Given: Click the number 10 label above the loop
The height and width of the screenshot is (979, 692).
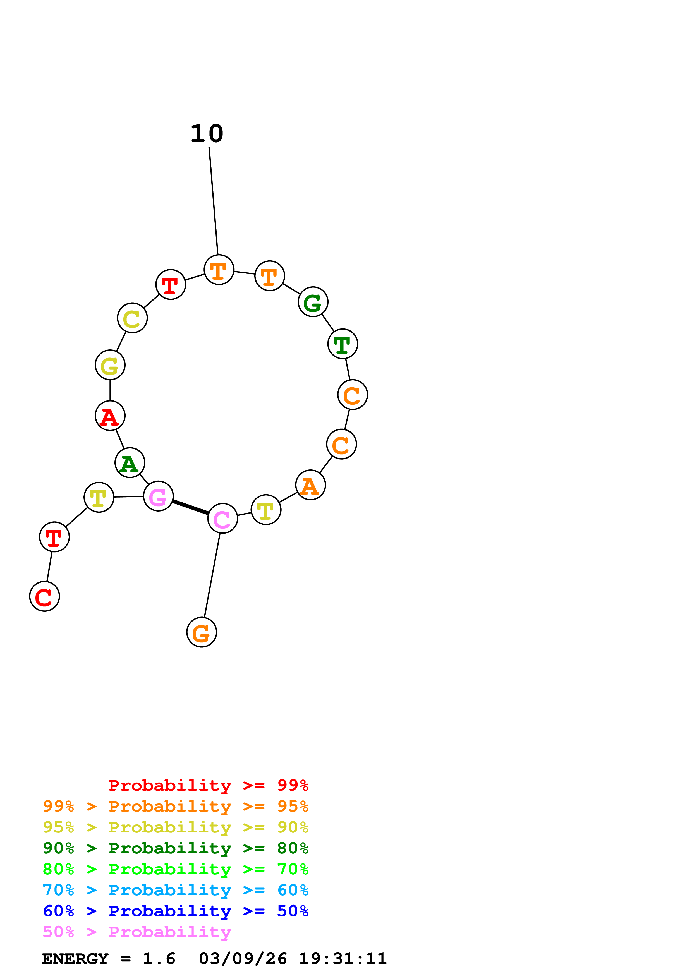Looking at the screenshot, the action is point(207,134).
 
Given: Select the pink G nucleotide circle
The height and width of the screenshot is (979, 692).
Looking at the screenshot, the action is point(158,496).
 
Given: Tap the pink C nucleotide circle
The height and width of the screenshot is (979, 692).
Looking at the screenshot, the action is point(222,518).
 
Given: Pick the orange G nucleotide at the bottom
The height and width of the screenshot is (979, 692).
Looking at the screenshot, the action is point(202,632).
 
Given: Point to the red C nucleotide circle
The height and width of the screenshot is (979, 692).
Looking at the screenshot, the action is point(44,596).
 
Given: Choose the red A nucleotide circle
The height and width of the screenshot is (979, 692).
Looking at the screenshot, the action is point(110,416).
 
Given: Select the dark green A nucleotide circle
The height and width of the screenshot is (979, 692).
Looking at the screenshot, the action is point(130,463).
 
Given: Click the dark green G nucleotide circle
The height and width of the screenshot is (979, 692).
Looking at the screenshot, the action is point(313,302).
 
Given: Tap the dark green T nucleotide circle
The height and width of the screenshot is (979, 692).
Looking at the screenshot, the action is point(343,344).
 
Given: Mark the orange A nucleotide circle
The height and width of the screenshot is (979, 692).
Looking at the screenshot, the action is point(310,485).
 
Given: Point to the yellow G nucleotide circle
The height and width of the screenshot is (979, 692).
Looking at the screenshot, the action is point(110,365).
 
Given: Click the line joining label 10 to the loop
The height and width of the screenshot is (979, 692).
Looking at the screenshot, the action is point(214,200).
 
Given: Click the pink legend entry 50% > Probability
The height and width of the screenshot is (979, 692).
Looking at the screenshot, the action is point(137,932).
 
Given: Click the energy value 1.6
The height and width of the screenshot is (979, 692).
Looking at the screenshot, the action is point(159,959).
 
